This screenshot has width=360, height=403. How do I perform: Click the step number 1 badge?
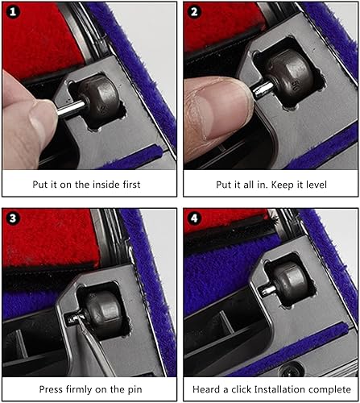(x=13, y=12)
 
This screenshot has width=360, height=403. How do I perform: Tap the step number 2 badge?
(x=194, y=12)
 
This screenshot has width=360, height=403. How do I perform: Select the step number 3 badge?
(x=13, y=218)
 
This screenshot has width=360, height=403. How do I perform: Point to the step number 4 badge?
(x=194, y=218)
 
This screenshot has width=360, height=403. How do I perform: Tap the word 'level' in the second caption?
(x=317, y=185)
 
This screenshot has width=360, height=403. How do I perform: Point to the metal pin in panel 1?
(x=71, y=108)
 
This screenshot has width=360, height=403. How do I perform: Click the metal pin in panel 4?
(x=268, y=290)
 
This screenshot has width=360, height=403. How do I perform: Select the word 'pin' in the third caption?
(x=134, y=390)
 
